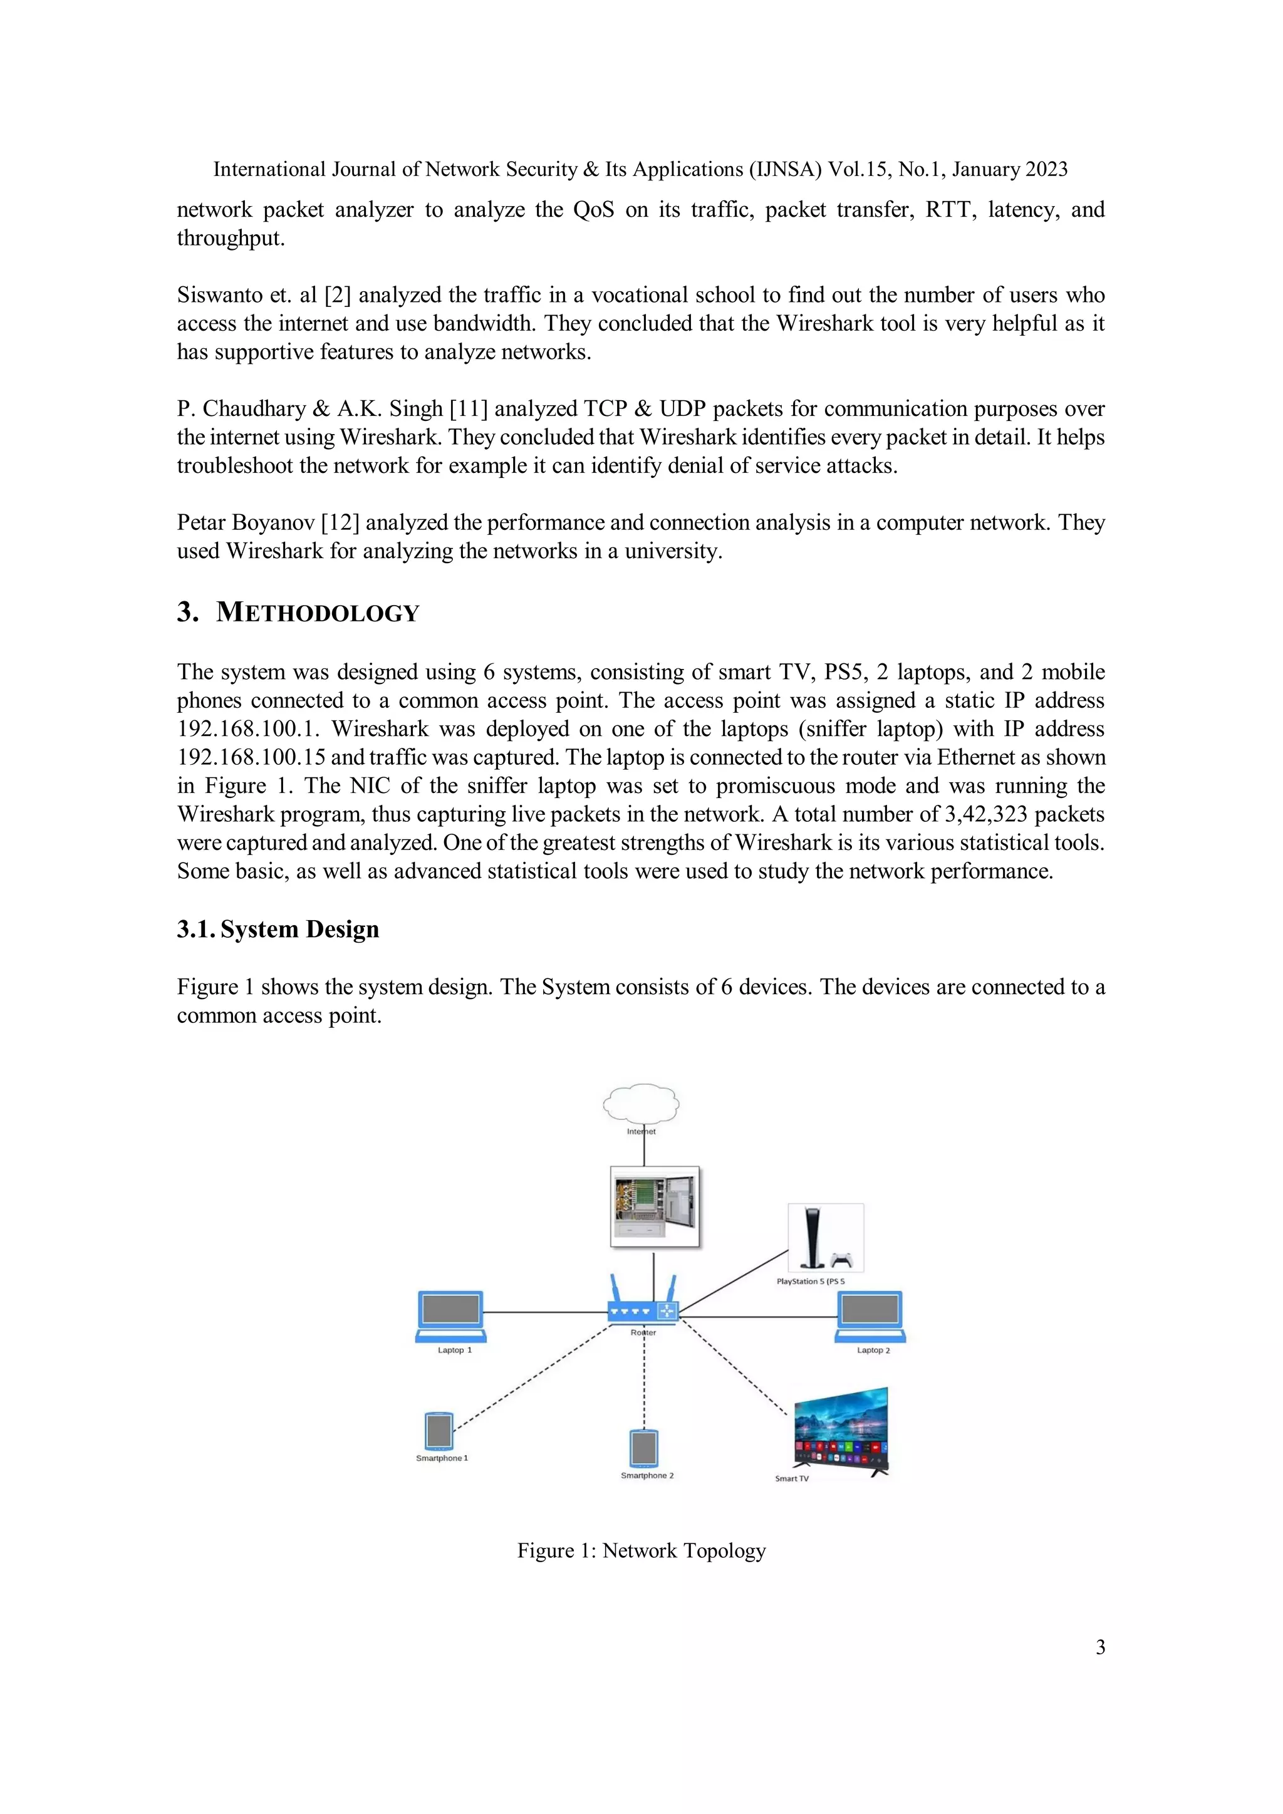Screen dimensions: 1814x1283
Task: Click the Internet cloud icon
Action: (641, 1103)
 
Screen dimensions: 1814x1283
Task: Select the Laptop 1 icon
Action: (450, 1316)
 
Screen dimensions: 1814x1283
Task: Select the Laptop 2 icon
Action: (870, 1316)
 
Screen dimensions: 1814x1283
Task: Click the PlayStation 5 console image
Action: (825, 1237)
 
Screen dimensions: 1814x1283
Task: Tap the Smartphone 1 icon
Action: (439, 1431)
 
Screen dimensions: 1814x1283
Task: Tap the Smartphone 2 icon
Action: (644, 1448)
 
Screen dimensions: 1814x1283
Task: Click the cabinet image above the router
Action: (655, 1206)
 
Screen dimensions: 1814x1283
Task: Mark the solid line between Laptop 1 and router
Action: (545, 1312)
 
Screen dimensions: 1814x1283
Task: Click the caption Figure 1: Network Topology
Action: (641, 1550)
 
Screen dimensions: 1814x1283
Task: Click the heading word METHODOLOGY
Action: (317, 613)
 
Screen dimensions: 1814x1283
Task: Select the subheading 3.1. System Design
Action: (278, 929)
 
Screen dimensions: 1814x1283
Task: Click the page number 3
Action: (1099, 1647)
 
